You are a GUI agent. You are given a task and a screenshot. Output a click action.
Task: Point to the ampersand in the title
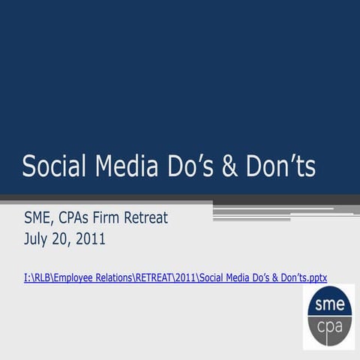point(231,166)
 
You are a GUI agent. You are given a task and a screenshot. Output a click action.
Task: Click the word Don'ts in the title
point(280,166)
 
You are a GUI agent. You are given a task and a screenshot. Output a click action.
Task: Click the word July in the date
point(37,240)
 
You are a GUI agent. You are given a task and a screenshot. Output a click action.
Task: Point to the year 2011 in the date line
point(90,240)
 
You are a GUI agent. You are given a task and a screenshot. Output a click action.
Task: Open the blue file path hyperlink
point(175,277)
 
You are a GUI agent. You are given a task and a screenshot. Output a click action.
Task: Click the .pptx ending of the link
point(314,277)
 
